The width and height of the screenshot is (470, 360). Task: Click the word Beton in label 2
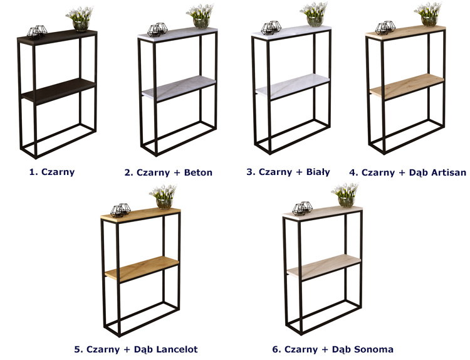click(198, 172)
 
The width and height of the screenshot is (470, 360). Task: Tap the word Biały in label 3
click(318, 172)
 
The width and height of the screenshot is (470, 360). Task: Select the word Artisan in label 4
click(449, 172)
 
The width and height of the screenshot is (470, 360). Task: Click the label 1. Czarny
click(52, 172)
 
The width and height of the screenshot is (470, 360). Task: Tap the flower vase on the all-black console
click(80, 19)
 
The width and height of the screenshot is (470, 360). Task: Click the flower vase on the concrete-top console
click(201, 16)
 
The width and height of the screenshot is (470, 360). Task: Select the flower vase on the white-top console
click(314, 14)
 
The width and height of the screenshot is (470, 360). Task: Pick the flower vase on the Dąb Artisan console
click(428, 14)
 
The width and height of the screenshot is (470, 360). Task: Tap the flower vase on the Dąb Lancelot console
click(164, 197)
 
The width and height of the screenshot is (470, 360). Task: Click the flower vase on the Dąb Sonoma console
click(345, 195)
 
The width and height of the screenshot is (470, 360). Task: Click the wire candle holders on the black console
click(37, 31)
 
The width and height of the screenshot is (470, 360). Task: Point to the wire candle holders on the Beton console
click(157, 29)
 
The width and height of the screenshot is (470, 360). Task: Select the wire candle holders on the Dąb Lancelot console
click(120, 210)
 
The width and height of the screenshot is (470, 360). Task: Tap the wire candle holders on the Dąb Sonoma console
click(303, 208)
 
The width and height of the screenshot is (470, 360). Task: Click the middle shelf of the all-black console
click(59, 91)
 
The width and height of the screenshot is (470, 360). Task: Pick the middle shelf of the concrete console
click(179, 88)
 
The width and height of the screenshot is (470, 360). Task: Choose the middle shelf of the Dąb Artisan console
click(407, 87)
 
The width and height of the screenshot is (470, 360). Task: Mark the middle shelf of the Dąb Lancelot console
click(142, 269)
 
